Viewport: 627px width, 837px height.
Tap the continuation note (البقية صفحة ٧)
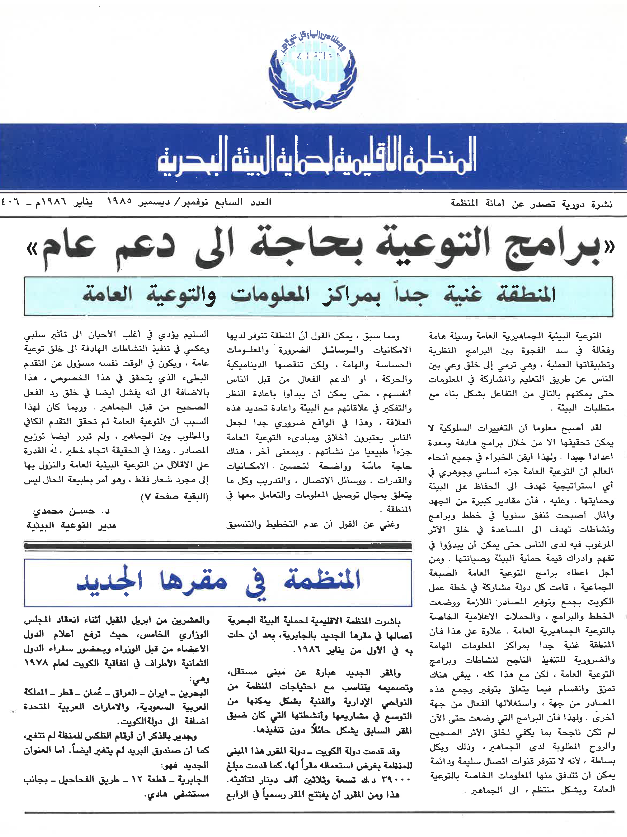pyautogui.click(x=174, y=497)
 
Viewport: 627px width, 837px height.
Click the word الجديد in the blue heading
pyautogui.click(x=110, y=582)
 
